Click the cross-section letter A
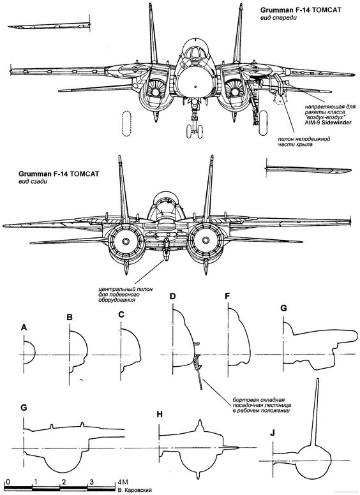24,328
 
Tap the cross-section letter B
70,317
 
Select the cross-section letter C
121,314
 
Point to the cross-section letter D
172,297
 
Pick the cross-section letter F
227,297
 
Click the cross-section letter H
160,414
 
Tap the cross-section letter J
272,433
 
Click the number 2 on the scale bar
64,482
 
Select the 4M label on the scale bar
123,482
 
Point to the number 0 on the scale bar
8,482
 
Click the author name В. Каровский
132,491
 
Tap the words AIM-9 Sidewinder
328,122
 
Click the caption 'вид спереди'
278,18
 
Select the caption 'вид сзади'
33,182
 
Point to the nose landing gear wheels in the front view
194,131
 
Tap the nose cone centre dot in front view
195,86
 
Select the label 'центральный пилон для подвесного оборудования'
126,294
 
